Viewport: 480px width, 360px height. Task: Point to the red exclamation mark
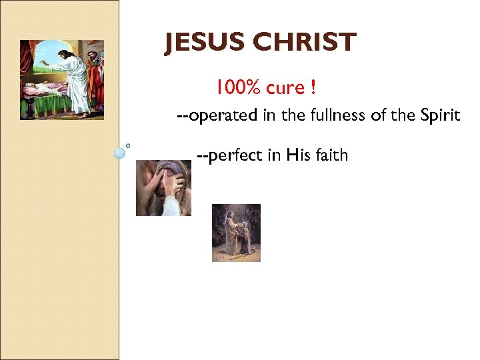point(313,87)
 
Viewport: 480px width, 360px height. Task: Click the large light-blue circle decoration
point(120,153)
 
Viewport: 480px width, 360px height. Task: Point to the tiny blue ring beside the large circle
point(128,145)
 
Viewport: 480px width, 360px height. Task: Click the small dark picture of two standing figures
point(236,233)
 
